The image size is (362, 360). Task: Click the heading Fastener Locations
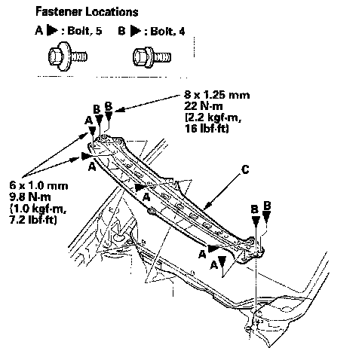pyautogui.click(x=87, y=11)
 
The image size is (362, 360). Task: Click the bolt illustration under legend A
pyautogui.click(x=68, y=56)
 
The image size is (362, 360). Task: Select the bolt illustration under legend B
pyautogui.click(x=152, y=56)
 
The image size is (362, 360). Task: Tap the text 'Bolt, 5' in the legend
pyautogui.click(x=84, y=31)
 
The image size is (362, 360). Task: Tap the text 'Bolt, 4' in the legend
pyautogui.click(x=167, y=32)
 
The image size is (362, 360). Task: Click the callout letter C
pyautogui.click(x=245, y=169)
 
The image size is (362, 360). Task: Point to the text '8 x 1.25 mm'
pyautogui.click(x=217, y=95)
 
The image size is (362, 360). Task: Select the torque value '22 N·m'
pyautogui.click(x=203, y=106)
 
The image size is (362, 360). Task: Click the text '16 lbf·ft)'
pyautogui.click(x=207, y=129)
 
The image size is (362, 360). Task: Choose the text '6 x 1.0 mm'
pyautogui.click(x=38, y=185)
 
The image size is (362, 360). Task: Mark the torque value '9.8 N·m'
pyautogui.click(x=30, y=197)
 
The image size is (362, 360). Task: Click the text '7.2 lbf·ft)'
pyautogui.click(x=33, y=219)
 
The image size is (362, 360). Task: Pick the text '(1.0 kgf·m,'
pyautogui.click(x=38, y=208)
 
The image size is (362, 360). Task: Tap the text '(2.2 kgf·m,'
pyautogui.click(x=213, y=117)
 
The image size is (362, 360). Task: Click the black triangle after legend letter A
pyautogui.click(x=52, y=31)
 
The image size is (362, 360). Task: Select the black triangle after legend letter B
pyautogui.click(x=136, y=32)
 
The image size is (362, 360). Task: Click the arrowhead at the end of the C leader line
pyautogui.click(x=206, y=206)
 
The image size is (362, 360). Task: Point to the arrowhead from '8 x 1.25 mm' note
pyautogui.click(x=119, y=110)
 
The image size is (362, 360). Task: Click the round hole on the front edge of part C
pyautogui.click(x=152, y=212)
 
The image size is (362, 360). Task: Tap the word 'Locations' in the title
pyautogui.click(x=112, y=11)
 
